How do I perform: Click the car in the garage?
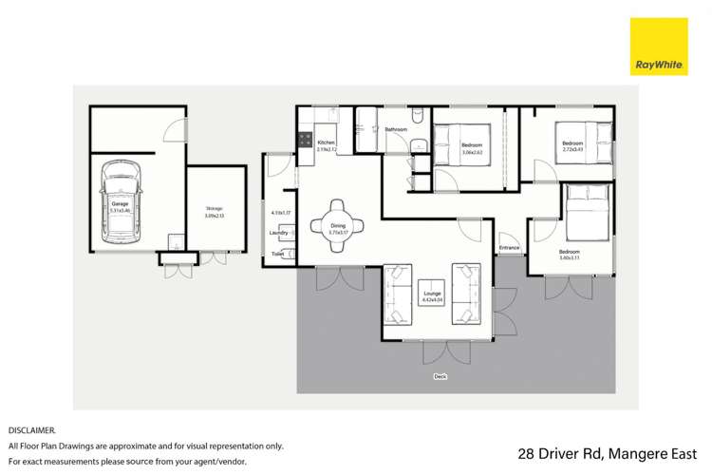point(121,205)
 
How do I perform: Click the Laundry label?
point(279,232)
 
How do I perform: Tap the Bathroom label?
point(396,129)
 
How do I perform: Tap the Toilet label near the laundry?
point(277,254)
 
